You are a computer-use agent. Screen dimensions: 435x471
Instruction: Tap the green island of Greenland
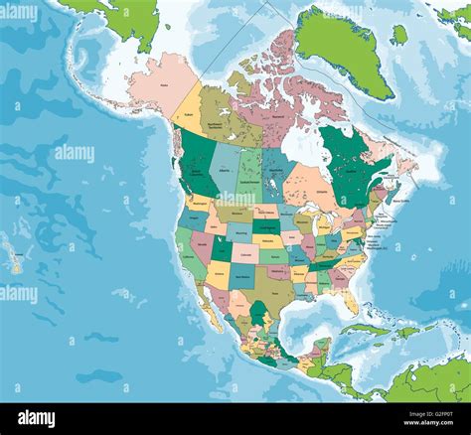click(343, 50)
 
